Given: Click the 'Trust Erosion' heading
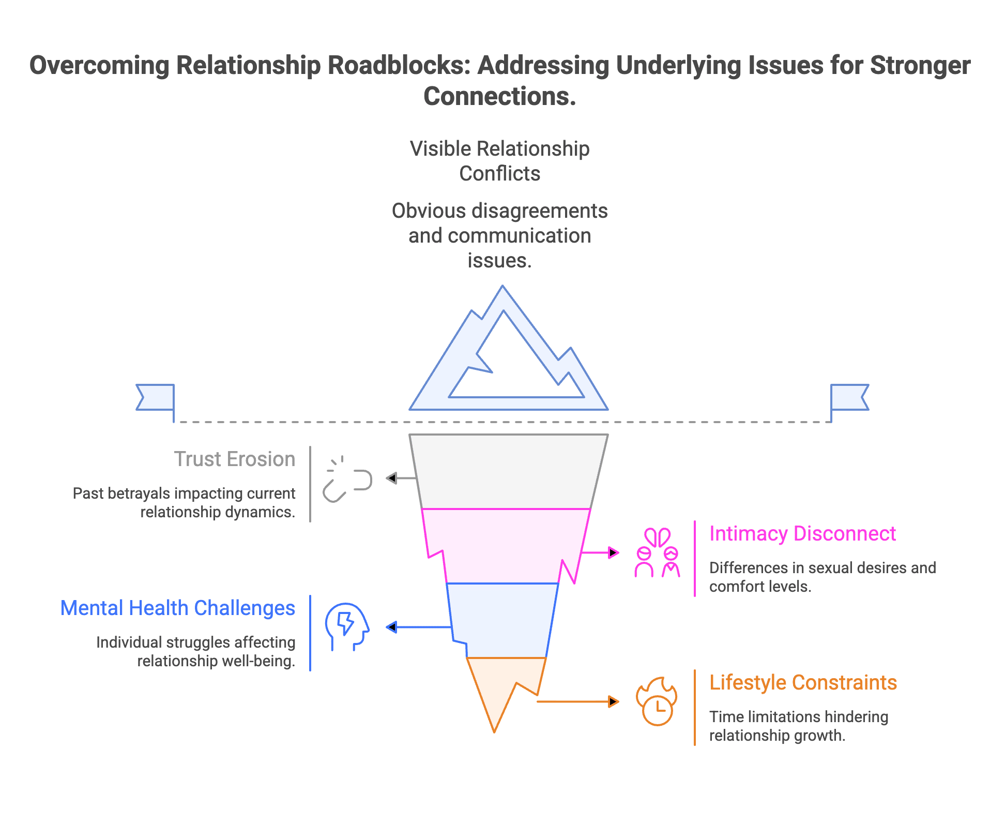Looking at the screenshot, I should click(x=234, y=459).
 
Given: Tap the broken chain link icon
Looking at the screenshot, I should click(x=347, y=480).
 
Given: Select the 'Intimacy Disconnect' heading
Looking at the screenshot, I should click(x=802, y=534).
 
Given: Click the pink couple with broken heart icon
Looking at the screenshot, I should click(x=657, y=552).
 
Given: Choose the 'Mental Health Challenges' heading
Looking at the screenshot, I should click(x=178, y=608).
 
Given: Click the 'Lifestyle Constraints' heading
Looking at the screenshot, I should click(x=803, y=683).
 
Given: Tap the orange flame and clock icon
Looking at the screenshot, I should click(x=657, y=701).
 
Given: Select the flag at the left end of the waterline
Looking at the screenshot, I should click(x=155, y=397).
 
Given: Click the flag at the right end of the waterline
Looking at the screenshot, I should click(x=850, y=397).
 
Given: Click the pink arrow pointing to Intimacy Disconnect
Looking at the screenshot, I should click(x=600, y=553).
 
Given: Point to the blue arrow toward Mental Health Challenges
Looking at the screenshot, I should click(x=419, y=627).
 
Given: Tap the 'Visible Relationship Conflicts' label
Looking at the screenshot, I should click(x=499, y=161).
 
